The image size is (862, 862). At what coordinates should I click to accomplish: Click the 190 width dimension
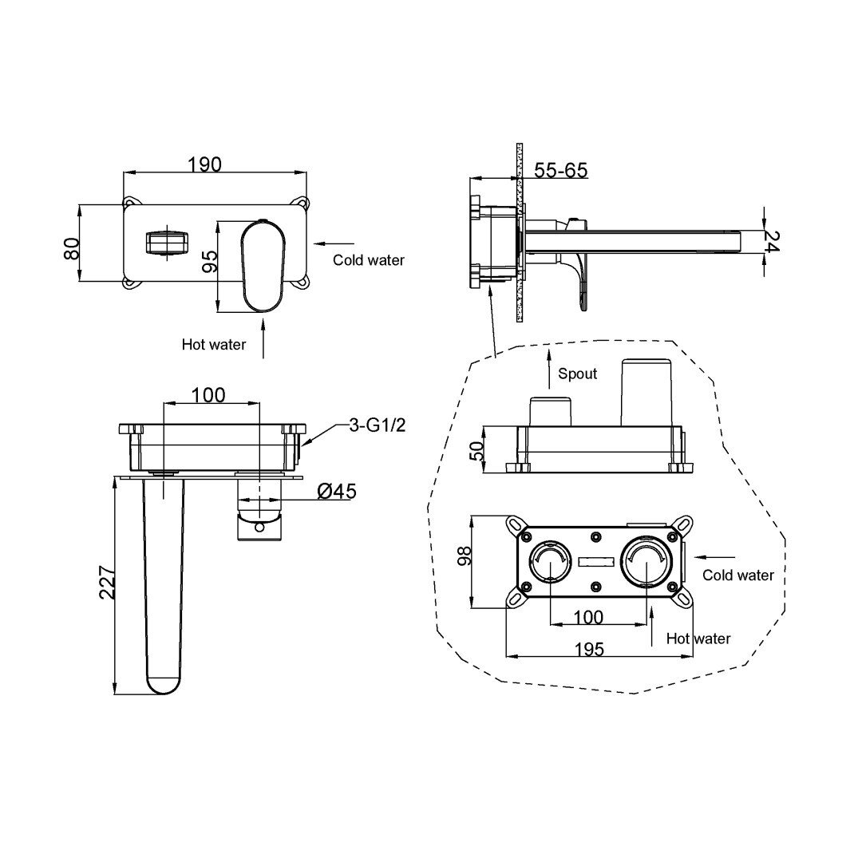pyautogui.click(x=204, y=164)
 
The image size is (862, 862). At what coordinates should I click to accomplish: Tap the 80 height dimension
pyautogui.click(x=73, y=248)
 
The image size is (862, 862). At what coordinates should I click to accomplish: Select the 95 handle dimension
pyautogui.click(x=210, y=261)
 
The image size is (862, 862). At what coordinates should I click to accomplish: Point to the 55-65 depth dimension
pyautogui.click(x=561, y=171)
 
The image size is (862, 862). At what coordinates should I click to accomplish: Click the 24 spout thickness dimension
pyautogui.click(x=772, y=241)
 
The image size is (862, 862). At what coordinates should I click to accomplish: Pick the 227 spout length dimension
pyautogui.click(x=107, y=583)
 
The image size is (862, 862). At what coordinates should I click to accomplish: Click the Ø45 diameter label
pyautogui.click(x=337, y=491)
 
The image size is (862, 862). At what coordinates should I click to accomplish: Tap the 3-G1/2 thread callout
pyautogui.click(x=378, y=425)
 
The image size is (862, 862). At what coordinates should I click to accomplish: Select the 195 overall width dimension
pyautogui.click(x=589, y=649)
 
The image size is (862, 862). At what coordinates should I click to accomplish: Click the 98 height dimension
pyautogui.click(x=465, y=556)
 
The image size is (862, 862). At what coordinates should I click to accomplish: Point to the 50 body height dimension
pyautogui.click(x=478, y=451)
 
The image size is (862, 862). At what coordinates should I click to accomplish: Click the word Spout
pyautogui.click(x=577, y=374)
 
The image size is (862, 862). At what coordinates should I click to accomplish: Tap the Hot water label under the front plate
pyautogui.click(x=214, y=345)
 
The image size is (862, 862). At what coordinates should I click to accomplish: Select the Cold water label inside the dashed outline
pyautogui.click(x=738, y=575)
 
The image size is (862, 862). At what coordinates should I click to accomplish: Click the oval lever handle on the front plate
pyautogui.click(x=263, y=266)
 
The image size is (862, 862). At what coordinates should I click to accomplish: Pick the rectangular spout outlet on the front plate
pyautogui.click(x=167, y=243)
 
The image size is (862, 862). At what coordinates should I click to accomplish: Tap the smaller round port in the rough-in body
pyautogui.click(x=550, y=561)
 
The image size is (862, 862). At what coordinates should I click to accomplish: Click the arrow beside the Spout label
pyautogui.click(x=548, y=369)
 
